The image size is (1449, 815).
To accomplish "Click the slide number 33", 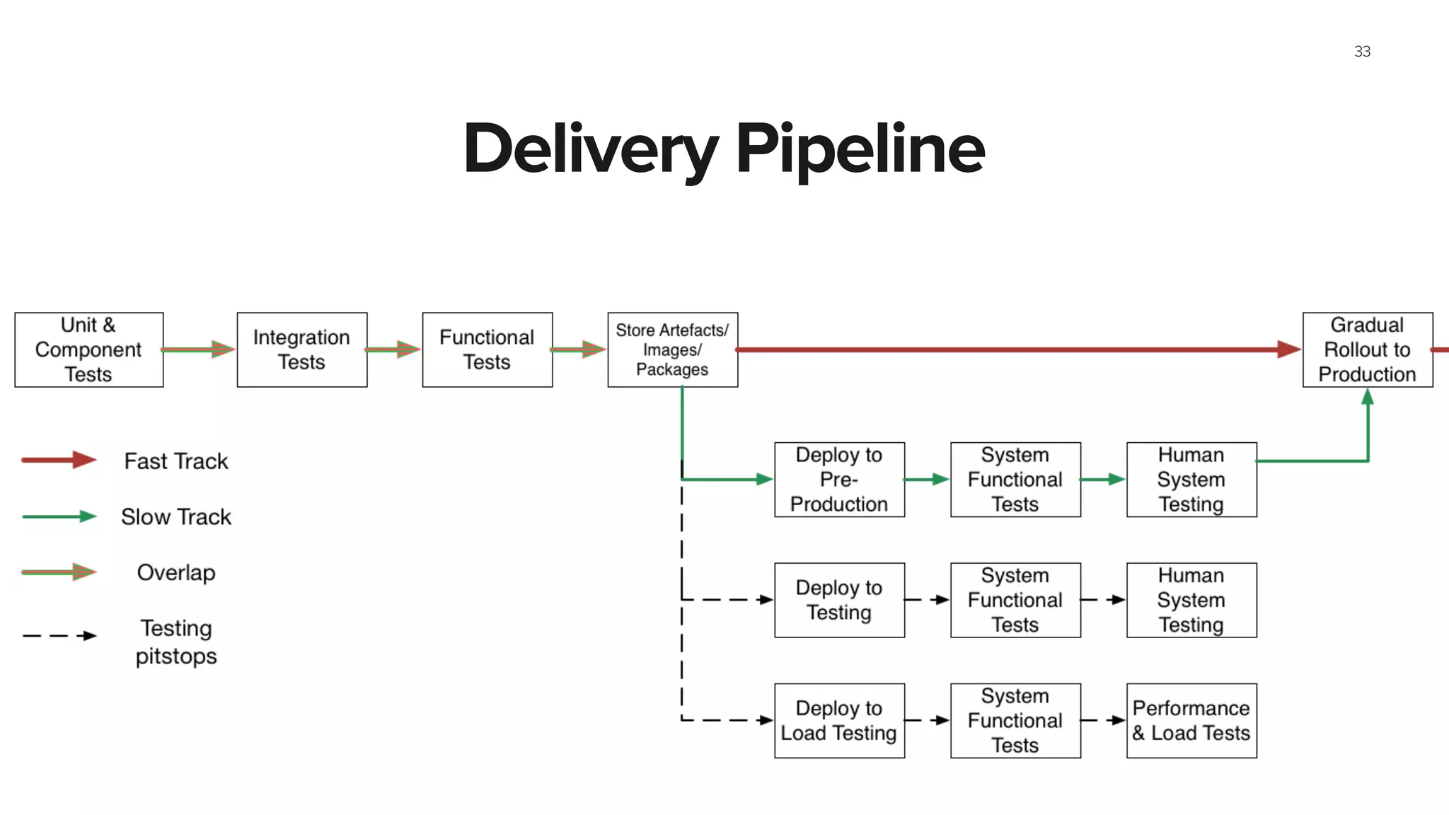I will tap(1362, 52).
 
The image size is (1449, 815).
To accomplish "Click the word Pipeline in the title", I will tap(860, 149).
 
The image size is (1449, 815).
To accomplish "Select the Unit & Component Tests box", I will tap(89, 349).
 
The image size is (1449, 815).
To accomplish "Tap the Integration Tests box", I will tap(302, 349).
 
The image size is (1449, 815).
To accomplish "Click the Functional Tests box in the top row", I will tap(487, 349).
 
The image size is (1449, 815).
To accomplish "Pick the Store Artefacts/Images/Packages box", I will tap(672, 349).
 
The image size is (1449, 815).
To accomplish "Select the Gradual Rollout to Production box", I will tap(1367, 349).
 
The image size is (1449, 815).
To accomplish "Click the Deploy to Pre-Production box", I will tap(839, 480).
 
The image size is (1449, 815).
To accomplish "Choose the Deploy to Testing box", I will tap(839, 600).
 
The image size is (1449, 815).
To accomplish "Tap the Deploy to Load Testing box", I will tap(839, 720).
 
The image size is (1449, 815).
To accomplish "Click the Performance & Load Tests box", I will tap(1191, 720).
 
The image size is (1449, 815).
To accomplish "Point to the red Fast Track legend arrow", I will tap(59, 460).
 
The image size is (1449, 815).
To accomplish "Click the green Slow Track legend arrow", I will tap(59, 516).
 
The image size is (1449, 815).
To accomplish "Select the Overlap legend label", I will tap(176, 572).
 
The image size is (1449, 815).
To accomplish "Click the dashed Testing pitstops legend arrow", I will tap(59, 635).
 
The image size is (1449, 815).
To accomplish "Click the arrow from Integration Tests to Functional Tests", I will tap(393, 349).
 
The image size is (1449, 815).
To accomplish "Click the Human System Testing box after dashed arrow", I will tap(1191, 600).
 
